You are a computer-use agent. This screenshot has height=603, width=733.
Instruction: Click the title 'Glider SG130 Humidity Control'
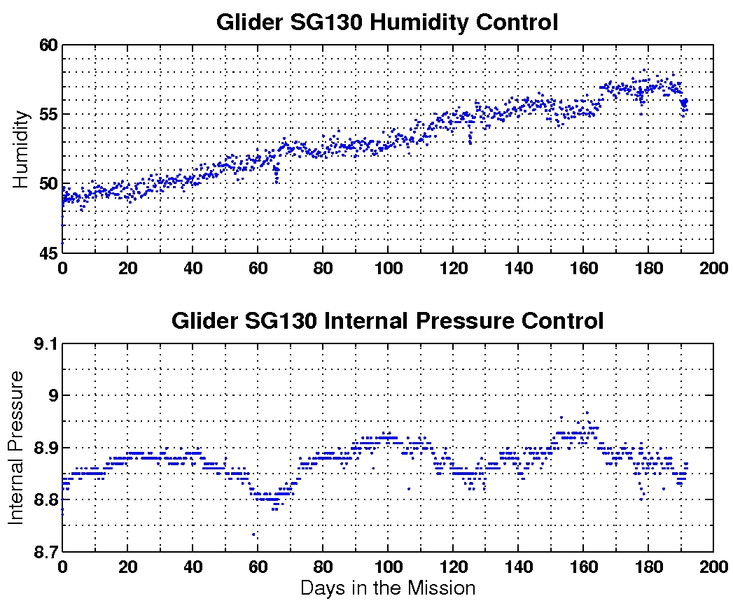[x=387, y=22]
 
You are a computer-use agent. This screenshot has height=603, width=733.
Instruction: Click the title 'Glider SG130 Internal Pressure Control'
[x=387, y=321]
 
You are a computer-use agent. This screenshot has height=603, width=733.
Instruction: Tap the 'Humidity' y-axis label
[x=21, y=148]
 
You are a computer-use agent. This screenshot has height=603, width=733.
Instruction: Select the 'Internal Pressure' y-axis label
[x=16, y=447]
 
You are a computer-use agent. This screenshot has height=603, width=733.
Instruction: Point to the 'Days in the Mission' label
[x=387, y=588]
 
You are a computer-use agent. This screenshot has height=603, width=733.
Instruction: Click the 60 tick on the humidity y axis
[x=47, y=45]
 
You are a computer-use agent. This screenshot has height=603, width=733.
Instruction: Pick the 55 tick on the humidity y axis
[x=47, y=114]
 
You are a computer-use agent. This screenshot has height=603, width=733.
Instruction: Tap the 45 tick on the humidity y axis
[x=47, y=253]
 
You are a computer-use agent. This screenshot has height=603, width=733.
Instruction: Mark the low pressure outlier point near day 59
[x=253, y=535]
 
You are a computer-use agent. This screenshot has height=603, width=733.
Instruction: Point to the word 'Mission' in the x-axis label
[x=439, y=588]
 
